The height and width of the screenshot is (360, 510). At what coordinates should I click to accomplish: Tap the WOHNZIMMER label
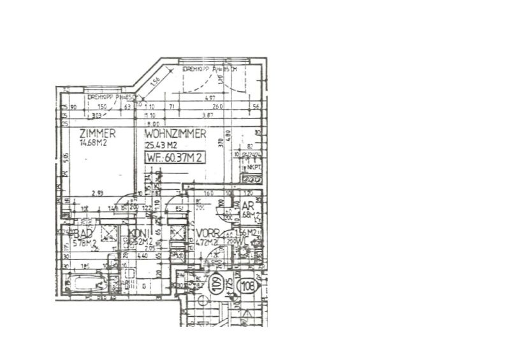(x=175, y=134)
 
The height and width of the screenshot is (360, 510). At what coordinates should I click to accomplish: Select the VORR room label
(x=208, y=233)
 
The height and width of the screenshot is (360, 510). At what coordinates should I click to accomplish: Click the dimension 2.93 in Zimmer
(x=97, y=192)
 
